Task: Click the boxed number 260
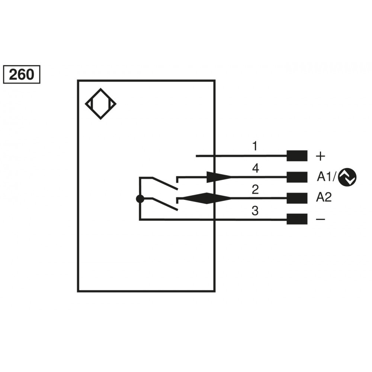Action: [x=22, y=74]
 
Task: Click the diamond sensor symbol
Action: [x=100, y=104]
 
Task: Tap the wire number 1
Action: [x=255, y=146]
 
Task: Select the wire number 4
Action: [x=256, y=168]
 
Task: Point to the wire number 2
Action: [x=255, y=190]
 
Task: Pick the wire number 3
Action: [x=255, y=211]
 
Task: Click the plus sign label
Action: [x=321, y=156]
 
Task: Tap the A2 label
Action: [x=324, y=197]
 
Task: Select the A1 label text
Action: [x=324, y=177]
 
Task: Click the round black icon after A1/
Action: [x=347, y=177]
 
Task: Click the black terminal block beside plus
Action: [x=297, y=156]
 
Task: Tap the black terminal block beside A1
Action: [x=297, y=177]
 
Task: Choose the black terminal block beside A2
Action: [x=297, y=198]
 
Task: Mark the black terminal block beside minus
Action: [x=297, y=219]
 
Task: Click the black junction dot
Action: [x=140, y=199]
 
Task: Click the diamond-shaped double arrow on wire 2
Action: [x=206, y=198]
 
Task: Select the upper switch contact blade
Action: [x=165, y=183]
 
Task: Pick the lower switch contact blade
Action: [x=165, y=204]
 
